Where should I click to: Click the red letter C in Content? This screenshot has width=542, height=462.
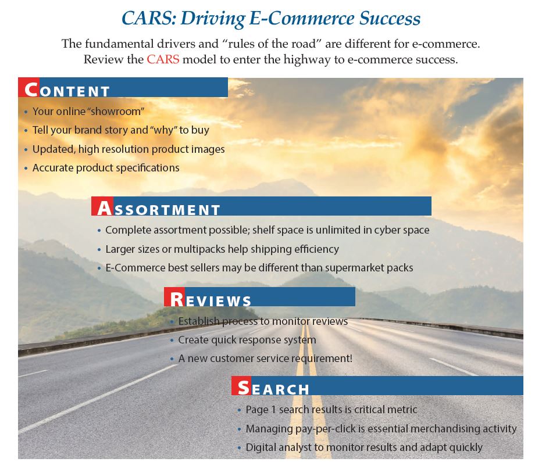[x=31, y=89]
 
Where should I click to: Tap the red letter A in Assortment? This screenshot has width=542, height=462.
[x=105, y=208]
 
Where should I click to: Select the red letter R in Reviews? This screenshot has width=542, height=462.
[x=177, y=299]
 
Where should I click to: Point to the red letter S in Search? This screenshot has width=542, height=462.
[x=244, y=388]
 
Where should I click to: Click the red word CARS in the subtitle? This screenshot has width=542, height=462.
[x=163, y=59]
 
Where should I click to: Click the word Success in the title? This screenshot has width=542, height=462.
[x=390, y=18]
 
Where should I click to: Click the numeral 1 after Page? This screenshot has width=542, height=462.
[x=273, y=410]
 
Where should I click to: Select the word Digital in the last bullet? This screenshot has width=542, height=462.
[x=261, y=447]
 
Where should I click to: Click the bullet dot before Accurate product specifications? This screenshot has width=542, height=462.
[x=26, y=169]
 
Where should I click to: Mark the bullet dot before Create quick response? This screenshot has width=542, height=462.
[x=172, y=341]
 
